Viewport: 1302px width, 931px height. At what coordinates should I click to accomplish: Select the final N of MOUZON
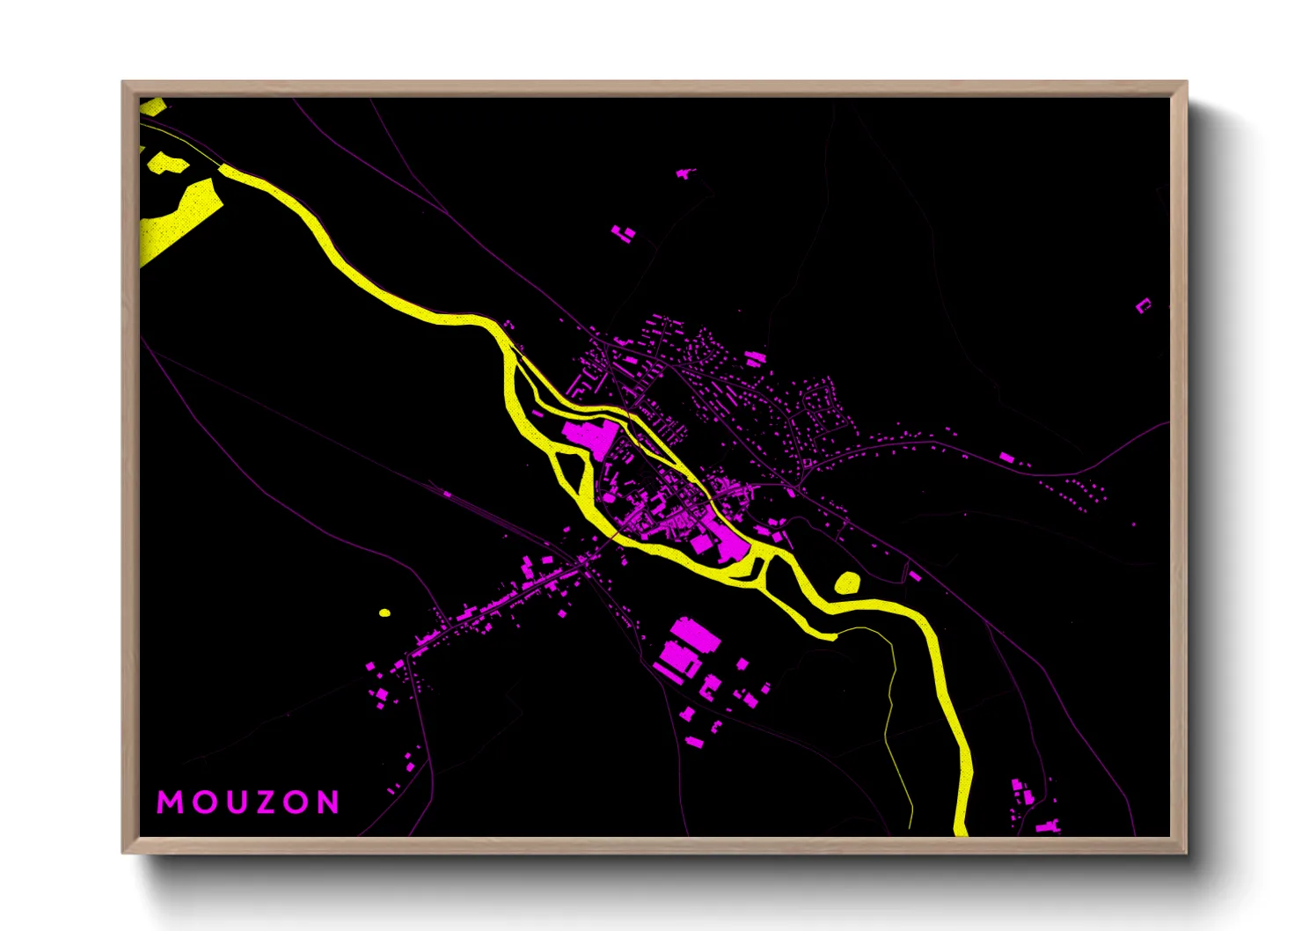coord(328,802)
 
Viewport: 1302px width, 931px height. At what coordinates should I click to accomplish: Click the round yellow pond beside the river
coord(847,582)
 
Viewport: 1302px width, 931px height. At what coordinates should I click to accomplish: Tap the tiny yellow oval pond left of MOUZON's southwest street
coord(384,612)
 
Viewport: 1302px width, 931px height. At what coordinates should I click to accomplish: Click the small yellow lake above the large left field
coord(165,163)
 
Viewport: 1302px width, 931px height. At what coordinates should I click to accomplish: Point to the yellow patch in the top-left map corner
coord(150,106)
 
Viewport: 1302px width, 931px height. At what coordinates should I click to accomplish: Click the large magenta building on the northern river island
coord(589,435)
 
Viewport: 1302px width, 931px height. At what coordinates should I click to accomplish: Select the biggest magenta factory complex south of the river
coord(685,647)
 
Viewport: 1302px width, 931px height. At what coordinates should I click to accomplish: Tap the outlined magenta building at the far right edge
coord(1143,306)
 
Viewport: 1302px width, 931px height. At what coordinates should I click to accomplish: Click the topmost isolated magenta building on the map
coord(684,174)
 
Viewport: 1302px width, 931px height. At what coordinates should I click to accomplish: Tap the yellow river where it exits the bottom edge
coord(961,827)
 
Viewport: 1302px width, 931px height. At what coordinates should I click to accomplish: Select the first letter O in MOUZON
coord(201,802)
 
